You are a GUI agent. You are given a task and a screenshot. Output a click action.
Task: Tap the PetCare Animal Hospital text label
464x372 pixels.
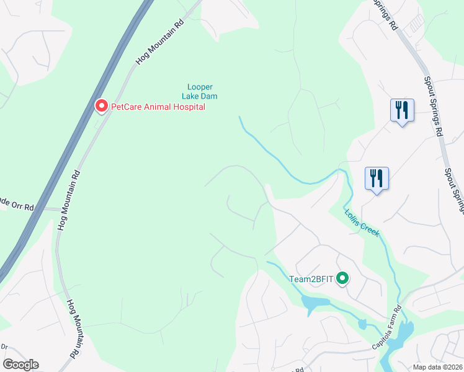(x=158, y=107)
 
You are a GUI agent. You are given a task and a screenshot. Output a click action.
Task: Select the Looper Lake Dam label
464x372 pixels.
(x=199, y=91)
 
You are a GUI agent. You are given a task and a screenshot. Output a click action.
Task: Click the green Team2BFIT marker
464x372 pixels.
(x=342, y=280)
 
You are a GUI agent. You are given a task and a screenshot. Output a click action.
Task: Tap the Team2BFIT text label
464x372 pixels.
(x=312, y=279)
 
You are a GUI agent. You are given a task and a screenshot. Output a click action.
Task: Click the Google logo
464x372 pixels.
(x=20, y=365)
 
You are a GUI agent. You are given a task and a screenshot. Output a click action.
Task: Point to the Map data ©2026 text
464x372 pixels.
(x=438, y=367)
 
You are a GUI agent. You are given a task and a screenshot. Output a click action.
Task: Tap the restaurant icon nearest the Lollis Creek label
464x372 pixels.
(x=377, y=179)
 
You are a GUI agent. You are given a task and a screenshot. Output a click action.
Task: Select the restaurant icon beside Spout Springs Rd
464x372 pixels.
(x=402, y=111)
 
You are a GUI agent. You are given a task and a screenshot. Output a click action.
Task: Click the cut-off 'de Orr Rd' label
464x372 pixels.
(x=17, y=204)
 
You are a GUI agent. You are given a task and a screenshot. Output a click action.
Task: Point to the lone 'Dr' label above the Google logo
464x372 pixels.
(x=5, y=348)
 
